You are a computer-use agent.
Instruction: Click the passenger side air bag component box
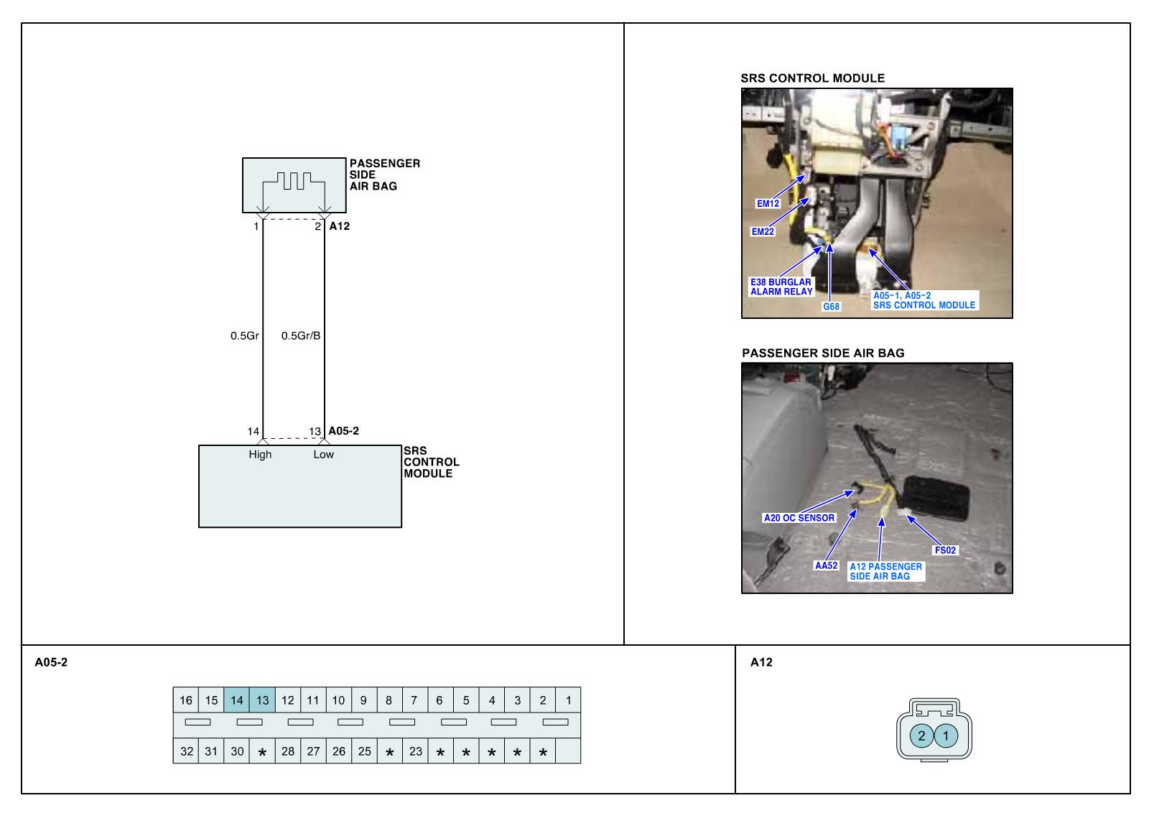coord(294,185)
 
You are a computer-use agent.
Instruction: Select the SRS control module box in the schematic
coord(299,486)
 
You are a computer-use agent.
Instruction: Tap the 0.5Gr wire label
coord(244,335)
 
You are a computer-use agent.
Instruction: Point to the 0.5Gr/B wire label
coord(301,335)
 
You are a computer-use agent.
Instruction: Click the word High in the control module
coord(260,454)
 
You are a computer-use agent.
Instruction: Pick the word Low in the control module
coord(323,454)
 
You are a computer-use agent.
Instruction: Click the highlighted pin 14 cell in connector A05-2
coord(237,700)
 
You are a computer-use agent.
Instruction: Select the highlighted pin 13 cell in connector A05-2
coord(262,700)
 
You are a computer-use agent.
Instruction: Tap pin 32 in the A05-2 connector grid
coord(186,751)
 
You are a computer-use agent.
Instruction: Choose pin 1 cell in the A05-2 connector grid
coord(568,700)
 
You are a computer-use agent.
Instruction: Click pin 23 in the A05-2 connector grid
coord(415,751)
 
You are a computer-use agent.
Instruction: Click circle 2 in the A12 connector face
coord(922,736)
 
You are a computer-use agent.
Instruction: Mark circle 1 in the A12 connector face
coord(946,736)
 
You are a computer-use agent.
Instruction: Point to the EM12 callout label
coord(768,203)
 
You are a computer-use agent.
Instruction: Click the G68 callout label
coord(831,307)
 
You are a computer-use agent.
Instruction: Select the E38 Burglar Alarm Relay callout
coord(781,287)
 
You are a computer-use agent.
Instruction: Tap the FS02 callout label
coord(945,550)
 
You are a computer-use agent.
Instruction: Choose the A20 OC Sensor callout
coord(799,518)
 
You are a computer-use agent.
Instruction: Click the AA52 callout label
coord(826,565)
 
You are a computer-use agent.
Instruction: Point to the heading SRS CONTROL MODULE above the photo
coord(812,78)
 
